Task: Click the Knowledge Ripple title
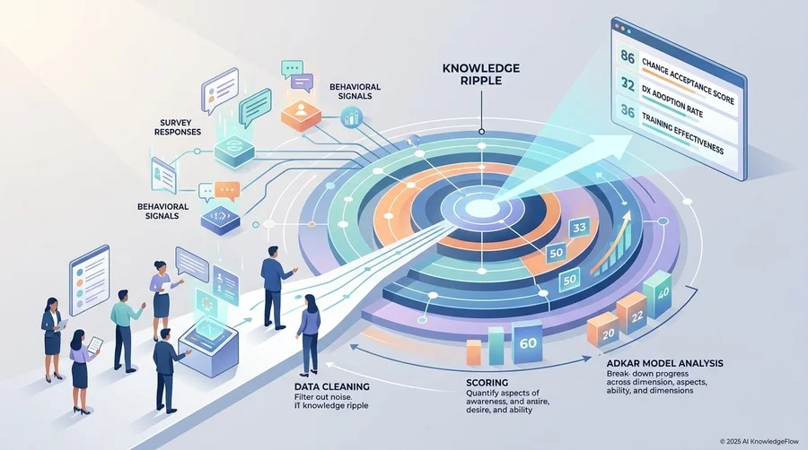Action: pos(481,74)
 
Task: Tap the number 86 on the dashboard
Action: pos(628,56)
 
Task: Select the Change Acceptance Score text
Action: pos(688,81)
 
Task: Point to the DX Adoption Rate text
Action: pos(672,100)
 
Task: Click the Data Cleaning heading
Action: pos(332,386)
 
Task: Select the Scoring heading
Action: pos(487,383)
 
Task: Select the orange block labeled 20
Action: pos(602,333)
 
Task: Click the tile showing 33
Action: pos(579,228)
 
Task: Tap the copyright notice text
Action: pos(759,441)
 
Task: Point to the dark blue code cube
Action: pos(221,220)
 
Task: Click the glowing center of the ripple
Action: pos(481,208)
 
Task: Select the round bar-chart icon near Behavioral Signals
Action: pos(352,117)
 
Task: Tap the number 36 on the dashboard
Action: pos(628,111)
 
